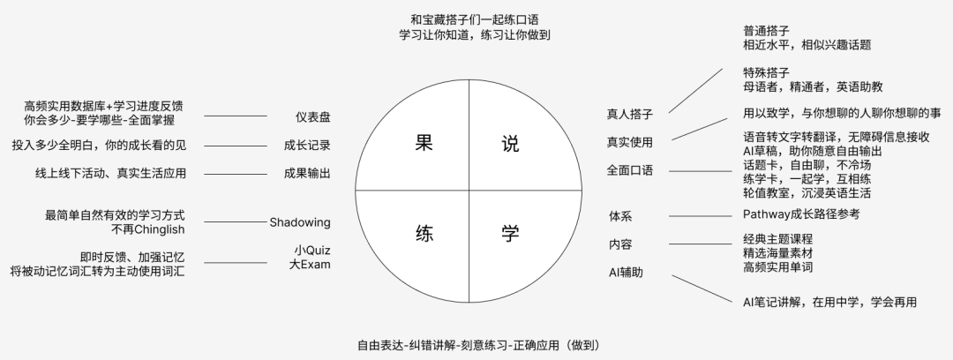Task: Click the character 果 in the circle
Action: [423, 144]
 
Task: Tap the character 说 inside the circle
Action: [510, 144]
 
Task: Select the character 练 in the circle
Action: [423, 233]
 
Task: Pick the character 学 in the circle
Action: [510, 233]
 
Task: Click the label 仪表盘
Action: [312, 116]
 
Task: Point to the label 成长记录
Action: [307, 145]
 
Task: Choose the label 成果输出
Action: [307, 173]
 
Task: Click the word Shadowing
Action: [300, 222]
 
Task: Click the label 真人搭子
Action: [629, 114]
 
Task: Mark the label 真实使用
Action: [629, 142]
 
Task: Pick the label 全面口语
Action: [629, 170]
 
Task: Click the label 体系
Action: [620, 216]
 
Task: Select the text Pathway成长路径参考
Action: [801, 214]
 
